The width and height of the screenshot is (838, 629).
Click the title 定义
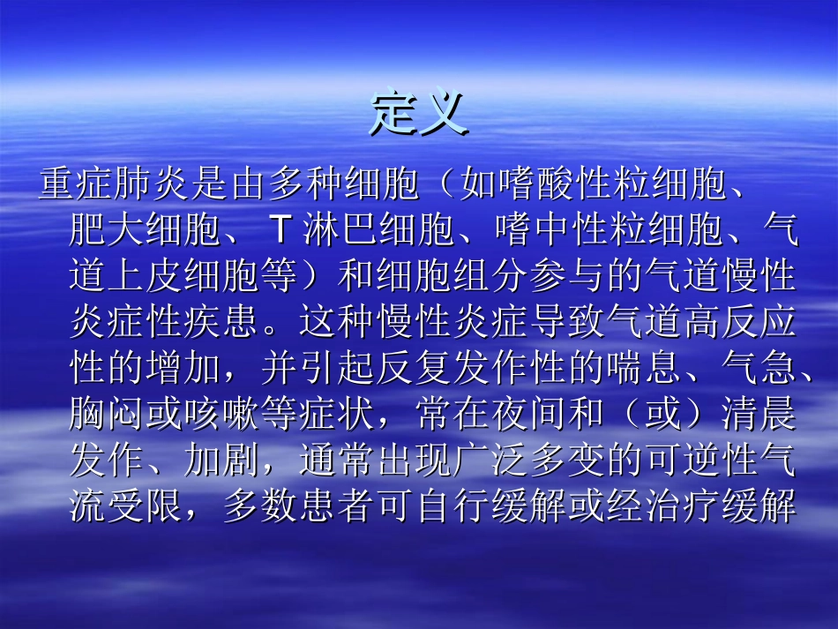[418, 112]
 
